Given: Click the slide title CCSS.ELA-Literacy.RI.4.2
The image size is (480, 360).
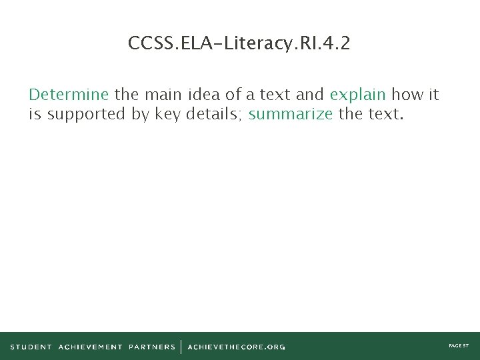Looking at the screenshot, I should [x=239, y=44].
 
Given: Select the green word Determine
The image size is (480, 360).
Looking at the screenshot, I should [x=69, y=94].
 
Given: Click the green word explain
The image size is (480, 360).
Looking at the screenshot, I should [x=358, y=95].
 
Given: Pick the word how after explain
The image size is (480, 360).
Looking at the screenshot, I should [x=407, y=94].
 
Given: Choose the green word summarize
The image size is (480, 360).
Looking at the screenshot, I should [x=290, y=114].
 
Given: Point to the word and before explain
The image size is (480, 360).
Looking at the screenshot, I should [x=309, y=94].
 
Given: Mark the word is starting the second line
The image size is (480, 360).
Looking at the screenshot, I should [x=35, y=114].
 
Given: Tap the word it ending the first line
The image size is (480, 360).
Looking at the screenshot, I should [x=433, y=94].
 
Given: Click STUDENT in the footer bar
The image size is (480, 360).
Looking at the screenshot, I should [x=31, y=347].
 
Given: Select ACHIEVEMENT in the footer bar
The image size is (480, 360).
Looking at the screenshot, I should [x=90, y=347].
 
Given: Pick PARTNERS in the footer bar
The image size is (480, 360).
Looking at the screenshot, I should [x=152, y=347].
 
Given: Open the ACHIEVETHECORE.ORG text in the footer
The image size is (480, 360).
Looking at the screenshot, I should [x=237, y=347].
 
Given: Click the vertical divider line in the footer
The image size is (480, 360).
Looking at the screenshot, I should [x=181, y=347].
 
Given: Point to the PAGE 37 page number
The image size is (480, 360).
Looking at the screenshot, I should [x=459, y=346].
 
